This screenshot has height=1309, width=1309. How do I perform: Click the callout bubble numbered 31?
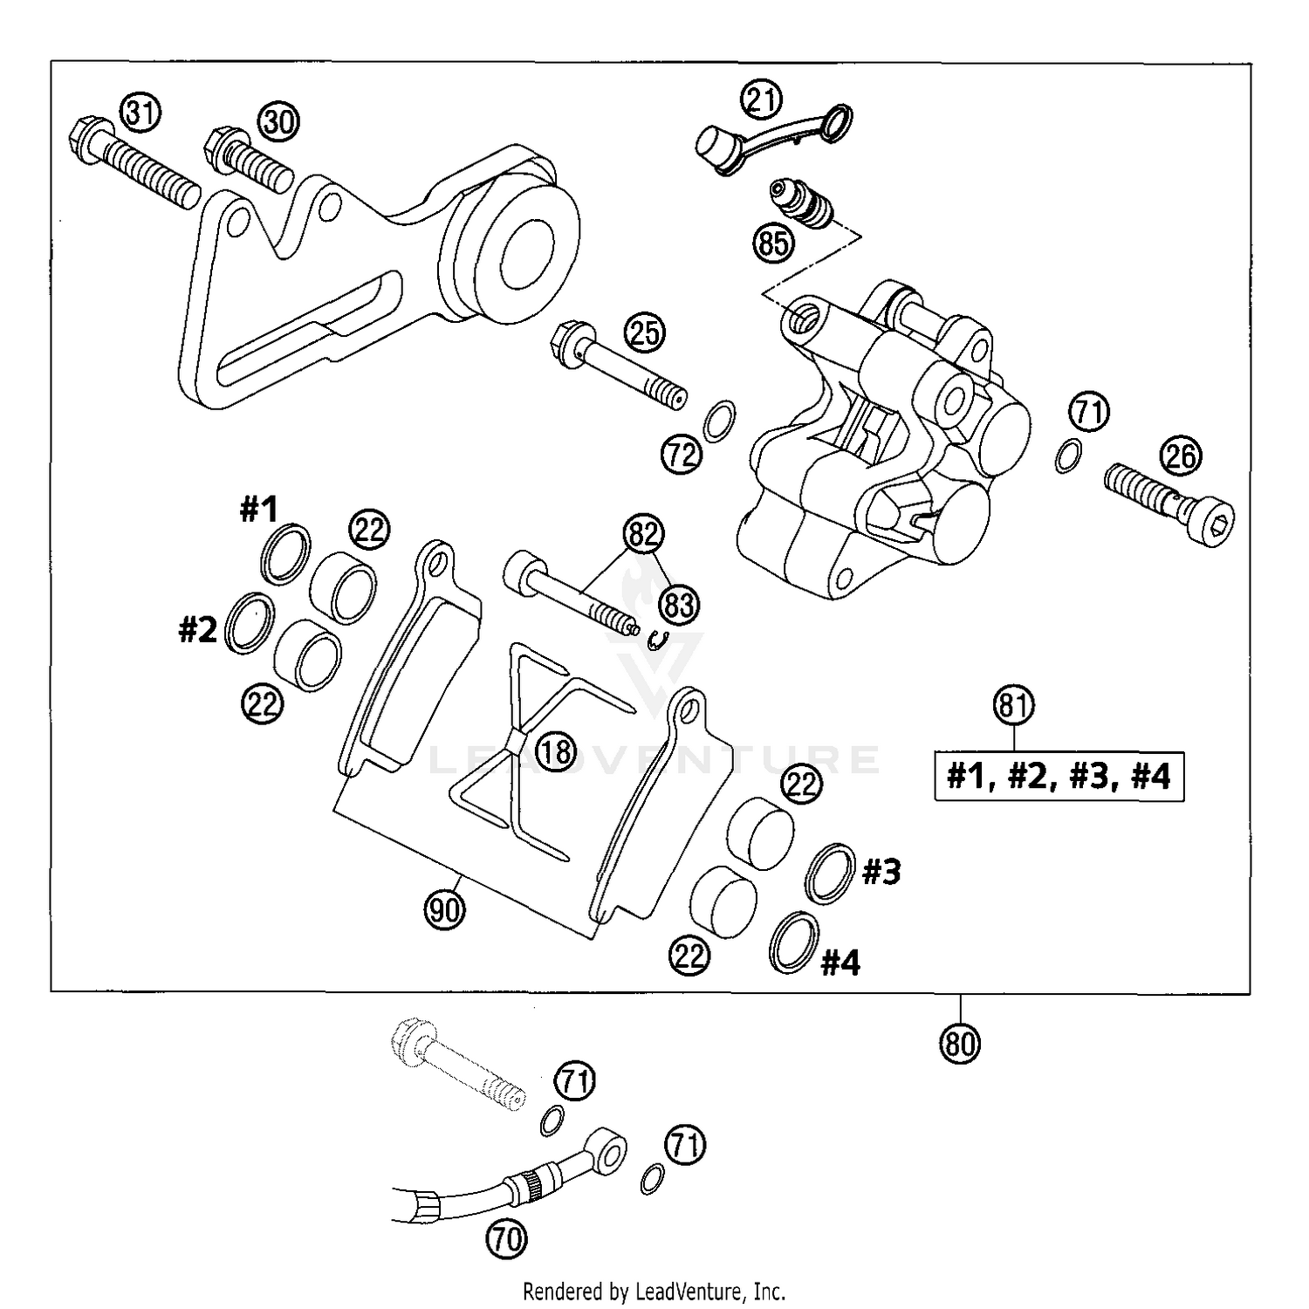point(140,113)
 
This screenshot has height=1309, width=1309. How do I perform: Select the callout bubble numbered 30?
point(278,121)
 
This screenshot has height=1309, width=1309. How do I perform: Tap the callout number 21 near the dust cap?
point(762,99)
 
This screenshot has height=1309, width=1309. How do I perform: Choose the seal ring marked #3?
point(830,873)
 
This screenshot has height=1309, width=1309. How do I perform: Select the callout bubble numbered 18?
point(556,750)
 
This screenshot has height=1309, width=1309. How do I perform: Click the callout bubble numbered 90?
point(445,910)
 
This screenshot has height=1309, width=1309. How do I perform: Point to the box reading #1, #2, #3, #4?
point(1059,776)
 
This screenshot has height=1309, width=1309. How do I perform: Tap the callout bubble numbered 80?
point(960,1042)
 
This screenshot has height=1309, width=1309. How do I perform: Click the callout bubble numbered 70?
point(507,1238)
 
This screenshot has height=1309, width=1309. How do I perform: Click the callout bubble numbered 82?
point(643,533)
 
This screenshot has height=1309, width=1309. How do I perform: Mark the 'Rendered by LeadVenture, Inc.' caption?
point(654,1291)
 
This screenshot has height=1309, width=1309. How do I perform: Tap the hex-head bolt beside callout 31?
point(131,161)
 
